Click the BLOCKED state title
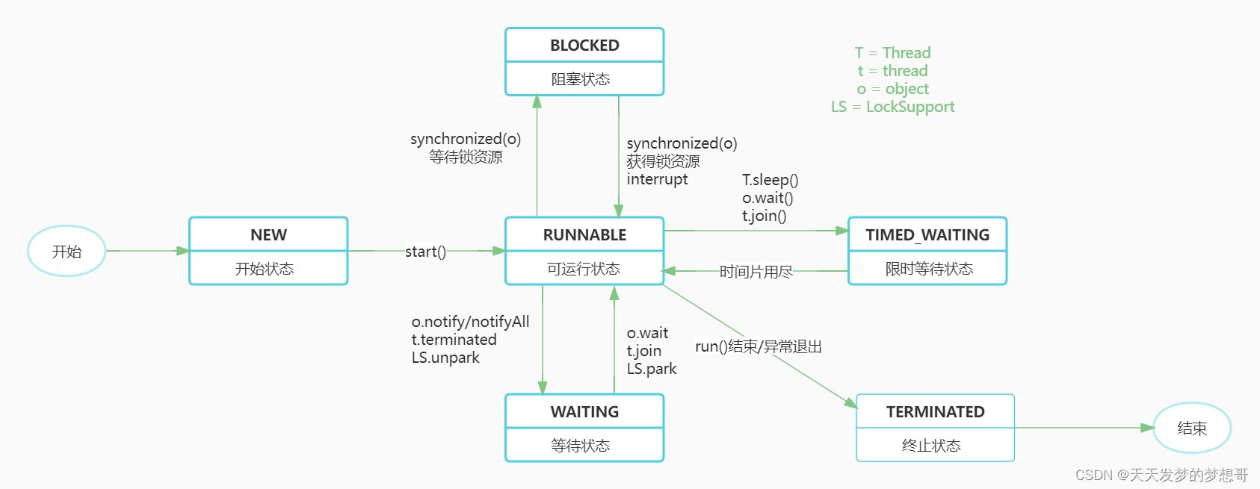click(584, 46)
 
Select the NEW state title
click(268, 235)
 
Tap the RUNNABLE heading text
click(584, 235)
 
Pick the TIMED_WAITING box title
click(927, 235)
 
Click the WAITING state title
click(584, 412)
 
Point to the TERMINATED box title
click(935, 412)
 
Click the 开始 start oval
click(67, 252)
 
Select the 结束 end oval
click(1191, 429)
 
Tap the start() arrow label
click(425, 252)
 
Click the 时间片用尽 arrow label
click(756, 272)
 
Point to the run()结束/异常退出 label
click(758, 346)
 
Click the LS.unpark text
click(445, 358)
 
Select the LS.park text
click(651, 369)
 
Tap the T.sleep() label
click(770, 180)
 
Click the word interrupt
click(657, 179)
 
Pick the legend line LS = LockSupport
click(892, 107)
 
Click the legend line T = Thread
click(892, 53)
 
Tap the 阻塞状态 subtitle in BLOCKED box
click(581, 79)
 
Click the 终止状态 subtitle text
click(931, 446)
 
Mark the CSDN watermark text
click(1161, 475)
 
